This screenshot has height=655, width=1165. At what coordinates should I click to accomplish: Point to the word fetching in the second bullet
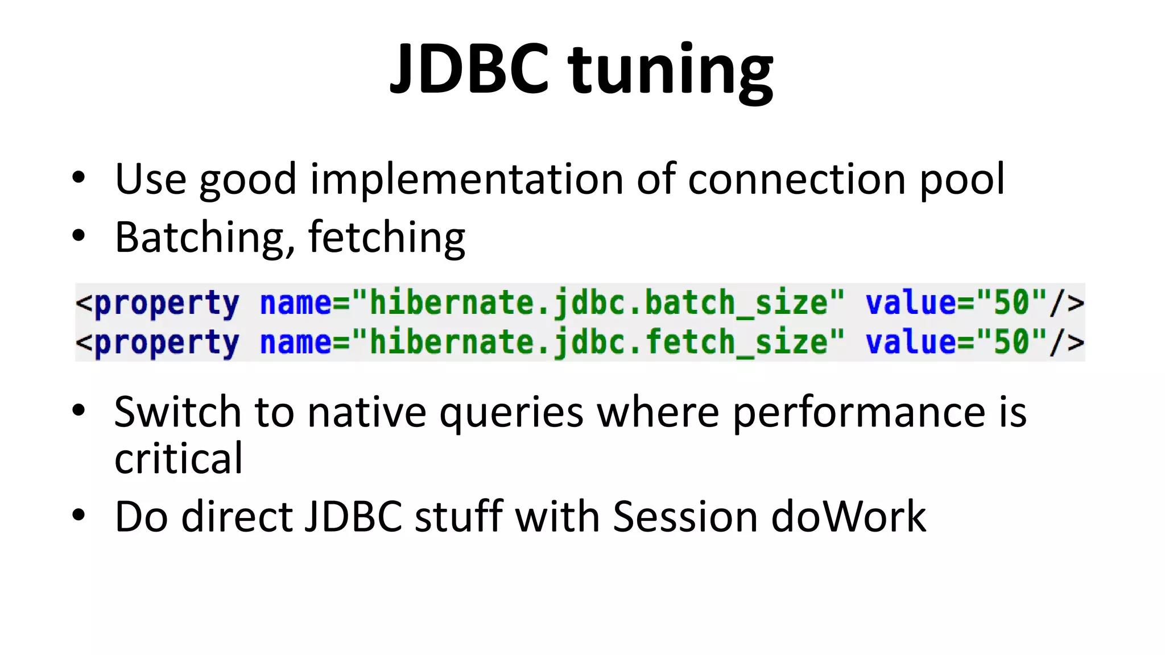[x=387, y=238]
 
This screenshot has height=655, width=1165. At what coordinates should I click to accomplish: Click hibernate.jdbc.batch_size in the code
[x=597, y=302]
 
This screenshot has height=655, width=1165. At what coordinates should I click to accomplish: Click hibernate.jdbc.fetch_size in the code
[x=597, y=342]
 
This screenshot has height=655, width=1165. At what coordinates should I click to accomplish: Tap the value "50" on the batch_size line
[x=1011, y=302]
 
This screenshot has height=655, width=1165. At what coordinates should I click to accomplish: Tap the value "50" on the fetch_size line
[x=1011, y=342]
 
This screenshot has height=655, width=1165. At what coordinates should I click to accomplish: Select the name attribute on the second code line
[x=295, y=342]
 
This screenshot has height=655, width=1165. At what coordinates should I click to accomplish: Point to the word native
[x=366, y=412]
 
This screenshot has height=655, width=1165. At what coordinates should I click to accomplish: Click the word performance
[x=859, y=413]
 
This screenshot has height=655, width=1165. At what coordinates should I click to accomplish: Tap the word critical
[x=179, y=458]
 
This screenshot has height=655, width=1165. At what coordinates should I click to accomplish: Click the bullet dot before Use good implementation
[x=79, y=179]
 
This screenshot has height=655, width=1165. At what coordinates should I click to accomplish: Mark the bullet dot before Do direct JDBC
[x=79, y=515]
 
